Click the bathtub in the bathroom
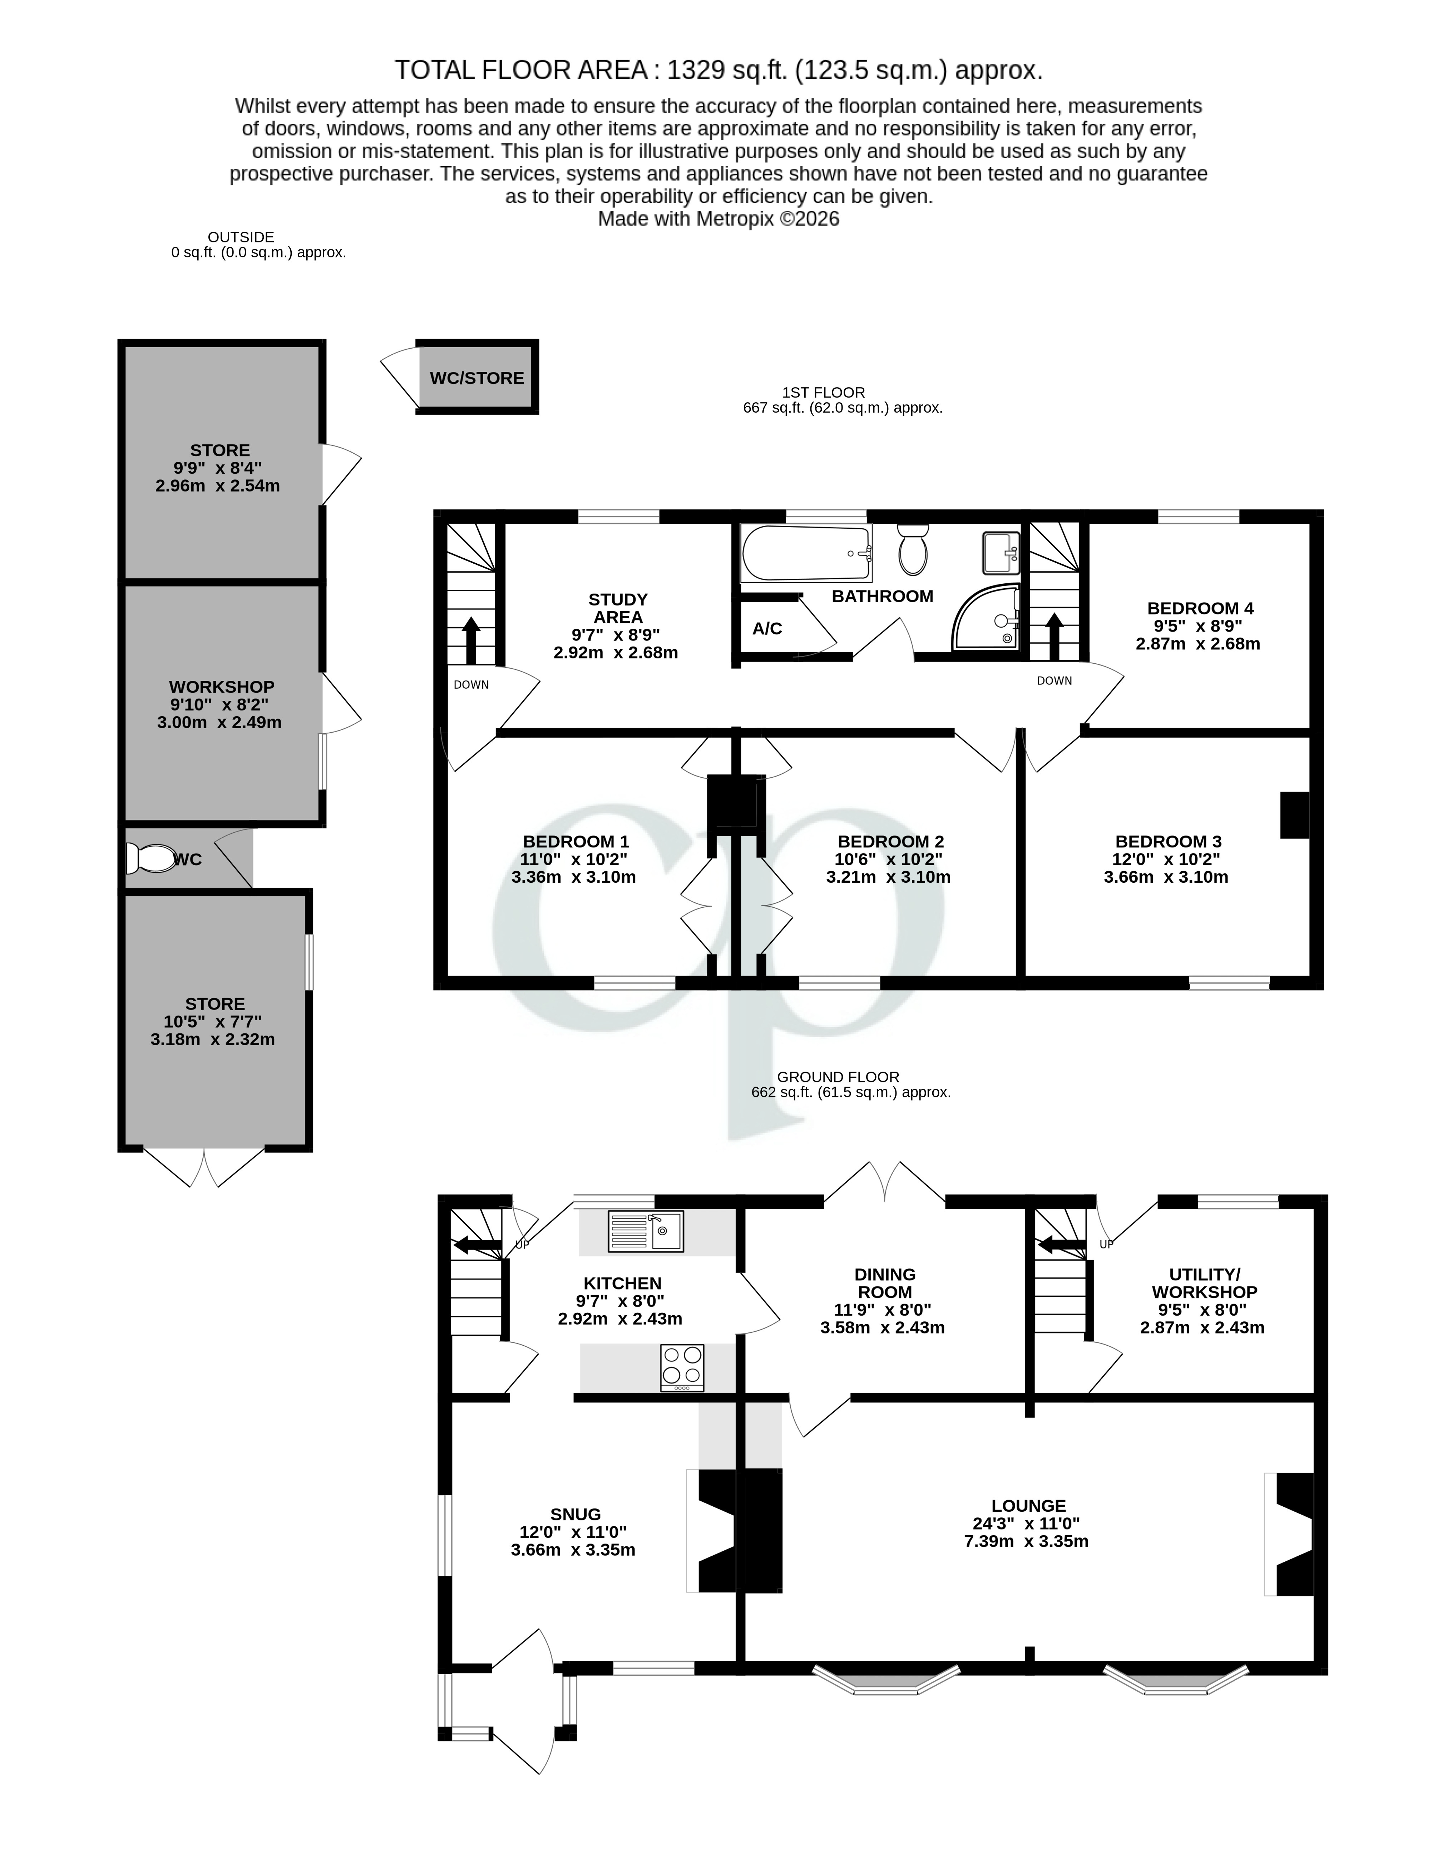[x=806, y=553]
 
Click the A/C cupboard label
[x=767, y=629]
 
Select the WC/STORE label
[x=477, y=378]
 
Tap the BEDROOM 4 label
[x=1200, y=608]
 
